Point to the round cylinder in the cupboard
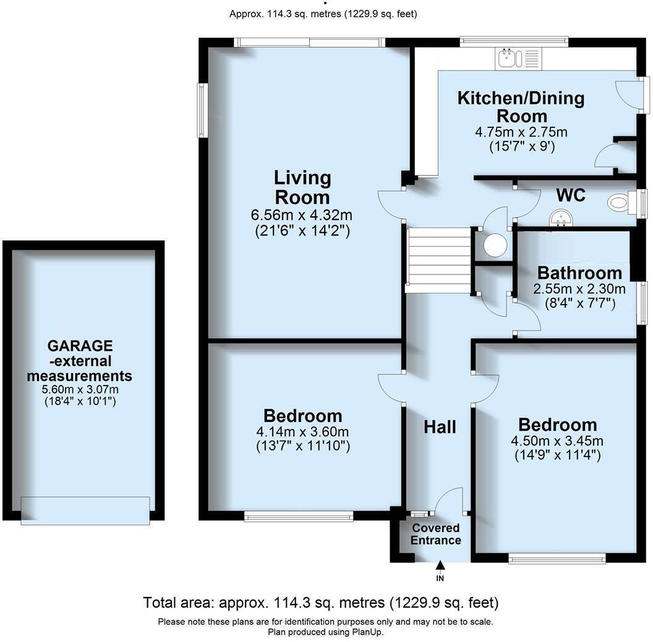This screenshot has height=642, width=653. pos(495,245)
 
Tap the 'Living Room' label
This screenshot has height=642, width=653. pos(302,187)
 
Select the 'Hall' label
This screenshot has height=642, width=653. pos(440,426)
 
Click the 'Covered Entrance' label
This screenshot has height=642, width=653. pos(436,534)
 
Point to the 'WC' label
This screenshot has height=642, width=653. pos(570,195)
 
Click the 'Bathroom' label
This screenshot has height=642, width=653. pos(579,272)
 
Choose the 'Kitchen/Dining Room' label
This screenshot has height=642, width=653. pos(521,107)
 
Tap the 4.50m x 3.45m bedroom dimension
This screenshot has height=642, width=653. pos(557,441)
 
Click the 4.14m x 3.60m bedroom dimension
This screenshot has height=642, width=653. pos(302,431)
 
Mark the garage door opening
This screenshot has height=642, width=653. pos(85,510)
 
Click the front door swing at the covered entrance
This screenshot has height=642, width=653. pos(450,501)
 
